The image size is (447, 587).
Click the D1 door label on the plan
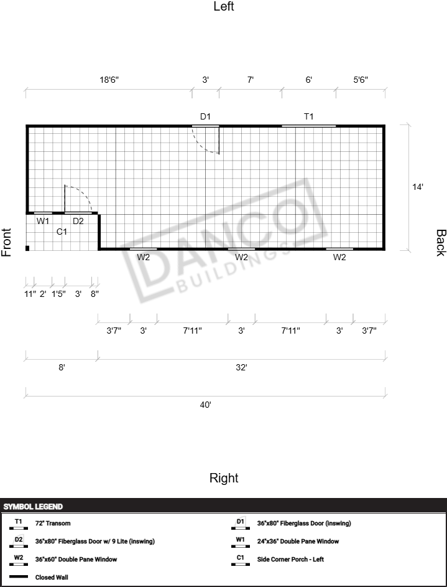(205, 116)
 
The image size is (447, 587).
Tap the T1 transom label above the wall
(309, 116)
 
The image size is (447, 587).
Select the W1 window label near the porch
(43, 221)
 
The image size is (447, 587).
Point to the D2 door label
(78, 221)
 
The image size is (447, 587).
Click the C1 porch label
(62, 232)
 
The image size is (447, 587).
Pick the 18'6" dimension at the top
(109, 80)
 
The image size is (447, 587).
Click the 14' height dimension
(418, 187)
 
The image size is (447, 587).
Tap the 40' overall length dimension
(205, 405)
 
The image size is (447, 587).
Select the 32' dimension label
(241, 368)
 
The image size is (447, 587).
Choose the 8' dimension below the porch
(62, 368)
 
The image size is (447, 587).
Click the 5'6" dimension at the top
(361, 80)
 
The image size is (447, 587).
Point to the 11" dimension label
(30, 294)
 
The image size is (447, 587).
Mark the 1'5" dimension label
(58, 294)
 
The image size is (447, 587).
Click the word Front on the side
(6, 242)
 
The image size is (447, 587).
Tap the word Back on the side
(441, 243)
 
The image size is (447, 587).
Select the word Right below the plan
(224, 478)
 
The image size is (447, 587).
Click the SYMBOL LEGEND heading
(34, 507)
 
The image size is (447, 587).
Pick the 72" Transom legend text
(53, 524)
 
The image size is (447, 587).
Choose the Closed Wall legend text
(52, 577)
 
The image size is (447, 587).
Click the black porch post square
(27, 248)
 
